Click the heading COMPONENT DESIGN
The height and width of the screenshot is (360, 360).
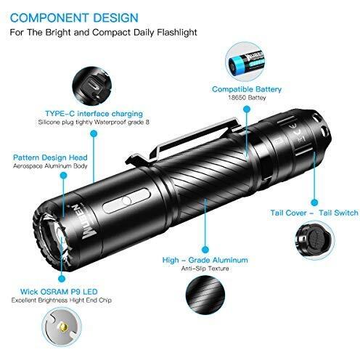point(74,18)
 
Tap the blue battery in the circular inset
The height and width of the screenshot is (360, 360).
point(246,64)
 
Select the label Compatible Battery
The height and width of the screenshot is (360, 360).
point(247,89)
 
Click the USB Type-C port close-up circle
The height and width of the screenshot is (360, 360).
point(92,86)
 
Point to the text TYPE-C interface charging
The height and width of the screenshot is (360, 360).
point(94,113)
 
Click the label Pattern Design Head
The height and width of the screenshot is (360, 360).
point(50,157)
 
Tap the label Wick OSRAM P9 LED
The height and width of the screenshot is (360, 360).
point(59,292)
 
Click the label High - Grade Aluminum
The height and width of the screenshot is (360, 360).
point(205,260)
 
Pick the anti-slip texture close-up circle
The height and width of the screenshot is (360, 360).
point(205,295)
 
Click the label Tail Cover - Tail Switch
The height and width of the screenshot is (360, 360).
point(314,213)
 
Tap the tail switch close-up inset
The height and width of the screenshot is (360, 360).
point(315,240)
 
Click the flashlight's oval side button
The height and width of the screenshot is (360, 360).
point(126,201)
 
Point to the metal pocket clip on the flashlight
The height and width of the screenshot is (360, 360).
point(184,139)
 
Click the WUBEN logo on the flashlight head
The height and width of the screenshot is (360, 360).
point(79,222)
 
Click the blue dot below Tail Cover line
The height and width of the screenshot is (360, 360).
point(314,202)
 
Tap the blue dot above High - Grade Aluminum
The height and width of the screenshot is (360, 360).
point(205,250)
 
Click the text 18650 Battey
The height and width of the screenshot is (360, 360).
point(247,98)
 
